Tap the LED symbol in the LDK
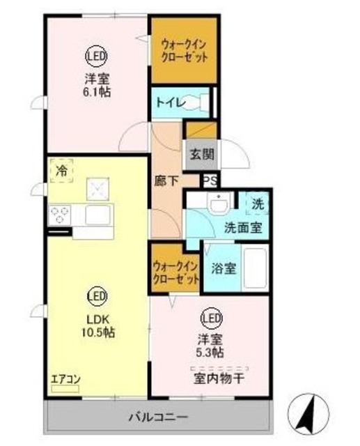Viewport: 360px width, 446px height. (x=96, y=298)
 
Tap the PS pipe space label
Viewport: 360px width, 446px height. (x=210, y=180)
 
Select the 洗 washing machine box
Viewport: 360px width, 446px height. (x=258, y=204)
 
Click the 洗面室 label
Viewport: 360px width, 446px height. (x=242, y=227)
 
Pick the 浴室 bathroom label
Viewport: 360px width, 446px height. (x=224, y=267)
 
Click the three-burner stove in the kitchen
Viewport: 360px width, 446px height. (x=58, y=214)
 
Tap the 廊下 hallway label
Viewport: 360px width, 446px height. (x=167, y=180)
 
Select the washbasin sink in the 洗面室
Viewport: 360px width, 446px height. (x=221, y=203)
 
